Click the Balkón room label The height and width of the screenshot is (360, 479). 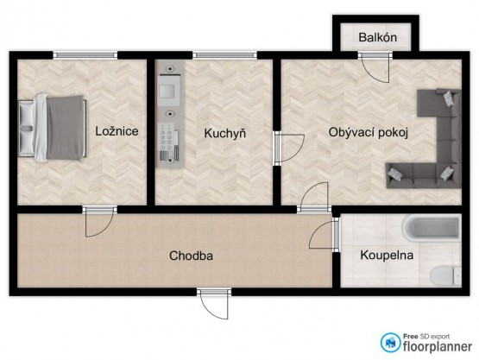click(377, 37)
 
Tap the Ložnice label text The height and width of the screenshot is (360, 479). click(117, 131)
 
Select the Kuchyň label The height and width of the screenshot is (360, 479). click(225, 133)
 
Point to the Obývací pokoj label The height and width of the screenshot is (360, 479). click(369, 133)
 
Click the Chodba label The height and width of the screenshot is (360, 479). click(191, 256)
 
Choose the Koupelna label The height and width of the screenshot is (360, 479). click(387, 255)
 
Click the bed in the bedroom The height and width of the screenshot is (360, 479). click(53, 128)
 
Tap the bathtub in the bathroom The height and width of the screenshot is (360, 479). click(432, 228)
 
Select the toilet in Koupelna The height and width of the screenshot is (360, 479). click(446, 276)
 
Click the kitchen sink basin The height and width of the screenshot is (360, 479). click(167, 91)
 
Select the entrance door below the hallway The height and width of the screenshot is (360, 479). click(213, 305)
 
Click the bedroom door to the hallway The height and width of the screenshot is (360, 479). click(99, 222)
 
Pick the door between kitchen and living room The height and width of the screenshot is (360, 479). click(289, 148)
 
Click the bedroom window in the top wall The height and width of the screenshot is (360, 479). click(85, 55)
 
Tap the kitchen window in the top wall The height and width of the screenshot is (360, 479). click(225, 55)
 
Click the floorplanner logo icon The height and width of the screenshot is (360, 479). click(390, 342)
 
